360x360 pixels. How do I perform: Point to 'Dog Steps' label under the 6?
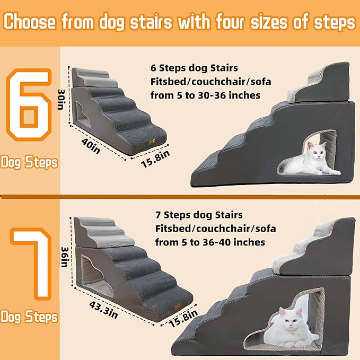click(x=29, y=162)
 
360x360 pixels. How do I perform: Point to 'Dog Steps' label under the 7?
click(x=29, y=317)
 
